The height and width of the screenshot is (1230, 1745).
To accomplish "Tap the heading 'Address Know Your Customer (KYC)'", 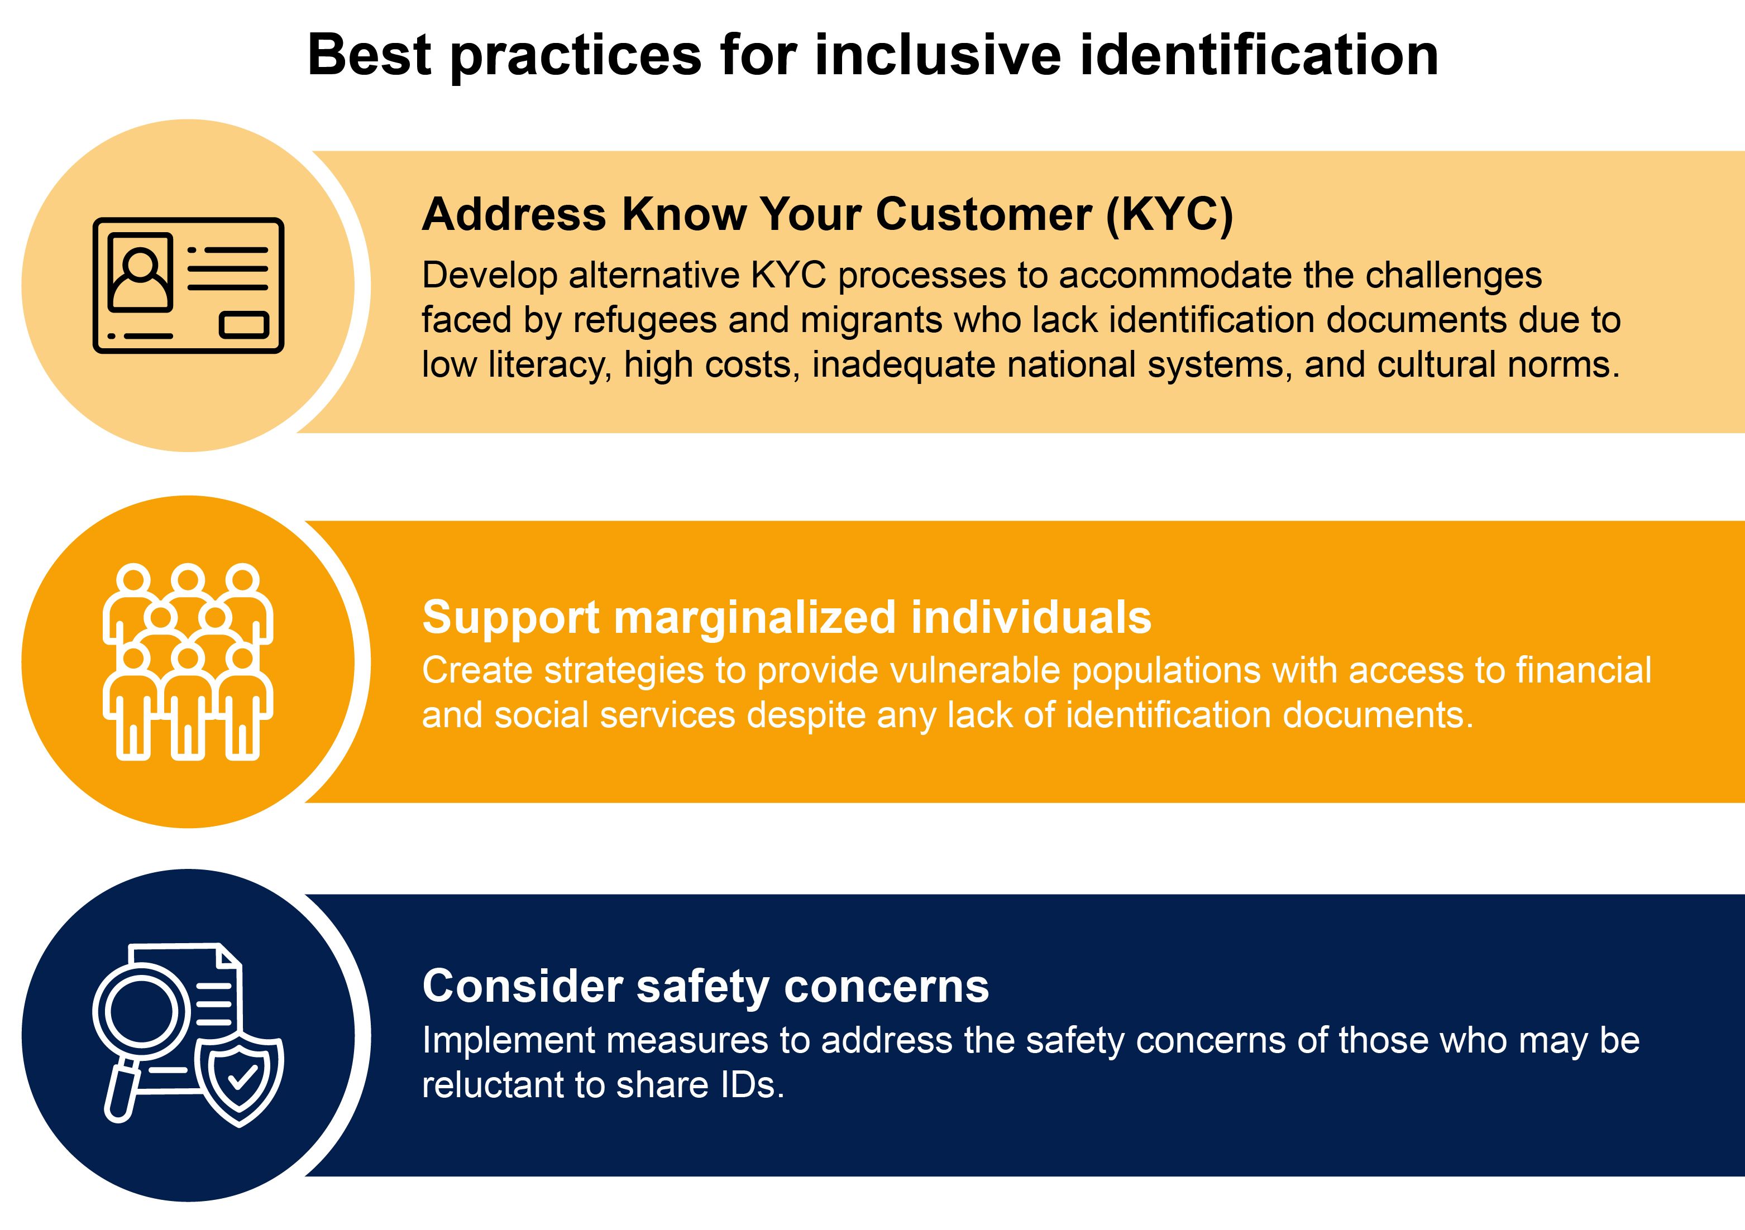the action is (828, 214).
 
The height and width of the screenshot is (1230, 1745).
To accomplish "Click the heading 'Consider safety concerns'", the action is (706, 986).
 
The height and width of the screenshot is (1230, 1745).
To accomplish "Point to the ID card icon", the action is (189, 286).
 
